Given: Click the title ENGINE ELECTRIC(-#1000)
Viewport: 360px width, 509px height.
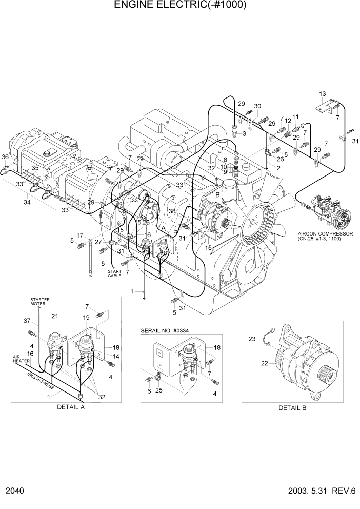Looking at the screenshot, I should point(180,6).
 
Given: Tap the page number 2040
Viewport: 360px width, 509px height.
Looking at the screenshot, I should point(15,491).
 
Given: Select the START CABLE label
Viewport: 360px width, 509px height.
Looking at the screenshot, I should point(114,273).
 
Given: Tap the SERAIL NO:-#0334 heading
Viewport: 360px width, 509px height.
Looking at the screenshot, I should point(165,331).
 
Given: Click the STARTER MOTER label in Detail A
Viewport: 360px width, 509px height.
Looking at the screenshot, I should point(39,301).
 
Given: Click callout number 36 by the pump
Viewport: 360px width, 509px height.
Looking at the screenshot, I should point(5,157).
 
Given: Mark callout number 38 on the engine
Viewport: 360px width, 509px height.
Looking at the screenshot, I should point(172,211).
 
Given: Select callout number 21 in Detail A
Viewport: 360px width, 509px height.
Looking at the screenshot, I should point(54,316).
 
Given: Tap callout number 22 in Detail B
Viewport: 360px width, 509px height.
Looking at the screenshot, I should point(265,364).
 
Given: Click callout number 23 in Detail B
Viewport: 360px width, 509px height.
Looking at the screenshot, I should point(252,339).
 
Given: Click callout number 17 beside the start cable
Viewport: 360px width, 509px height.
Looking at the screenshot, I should point(80,236).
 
